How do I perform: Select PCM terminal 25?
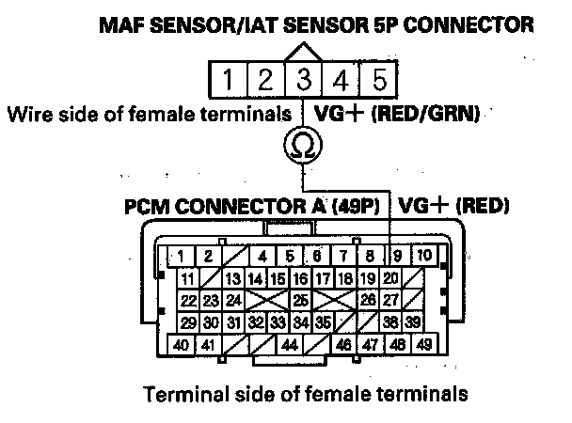tap(301, 300)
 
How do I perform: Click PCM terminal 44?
tap(289, 345)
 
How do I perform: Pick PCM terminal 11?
tap(188, 278)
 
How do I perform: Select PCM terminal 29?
tap(188, 321)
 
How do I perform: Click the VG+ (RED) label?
tap(453, 205)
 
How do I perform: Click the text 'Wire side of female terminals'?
tap(149, 116)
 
